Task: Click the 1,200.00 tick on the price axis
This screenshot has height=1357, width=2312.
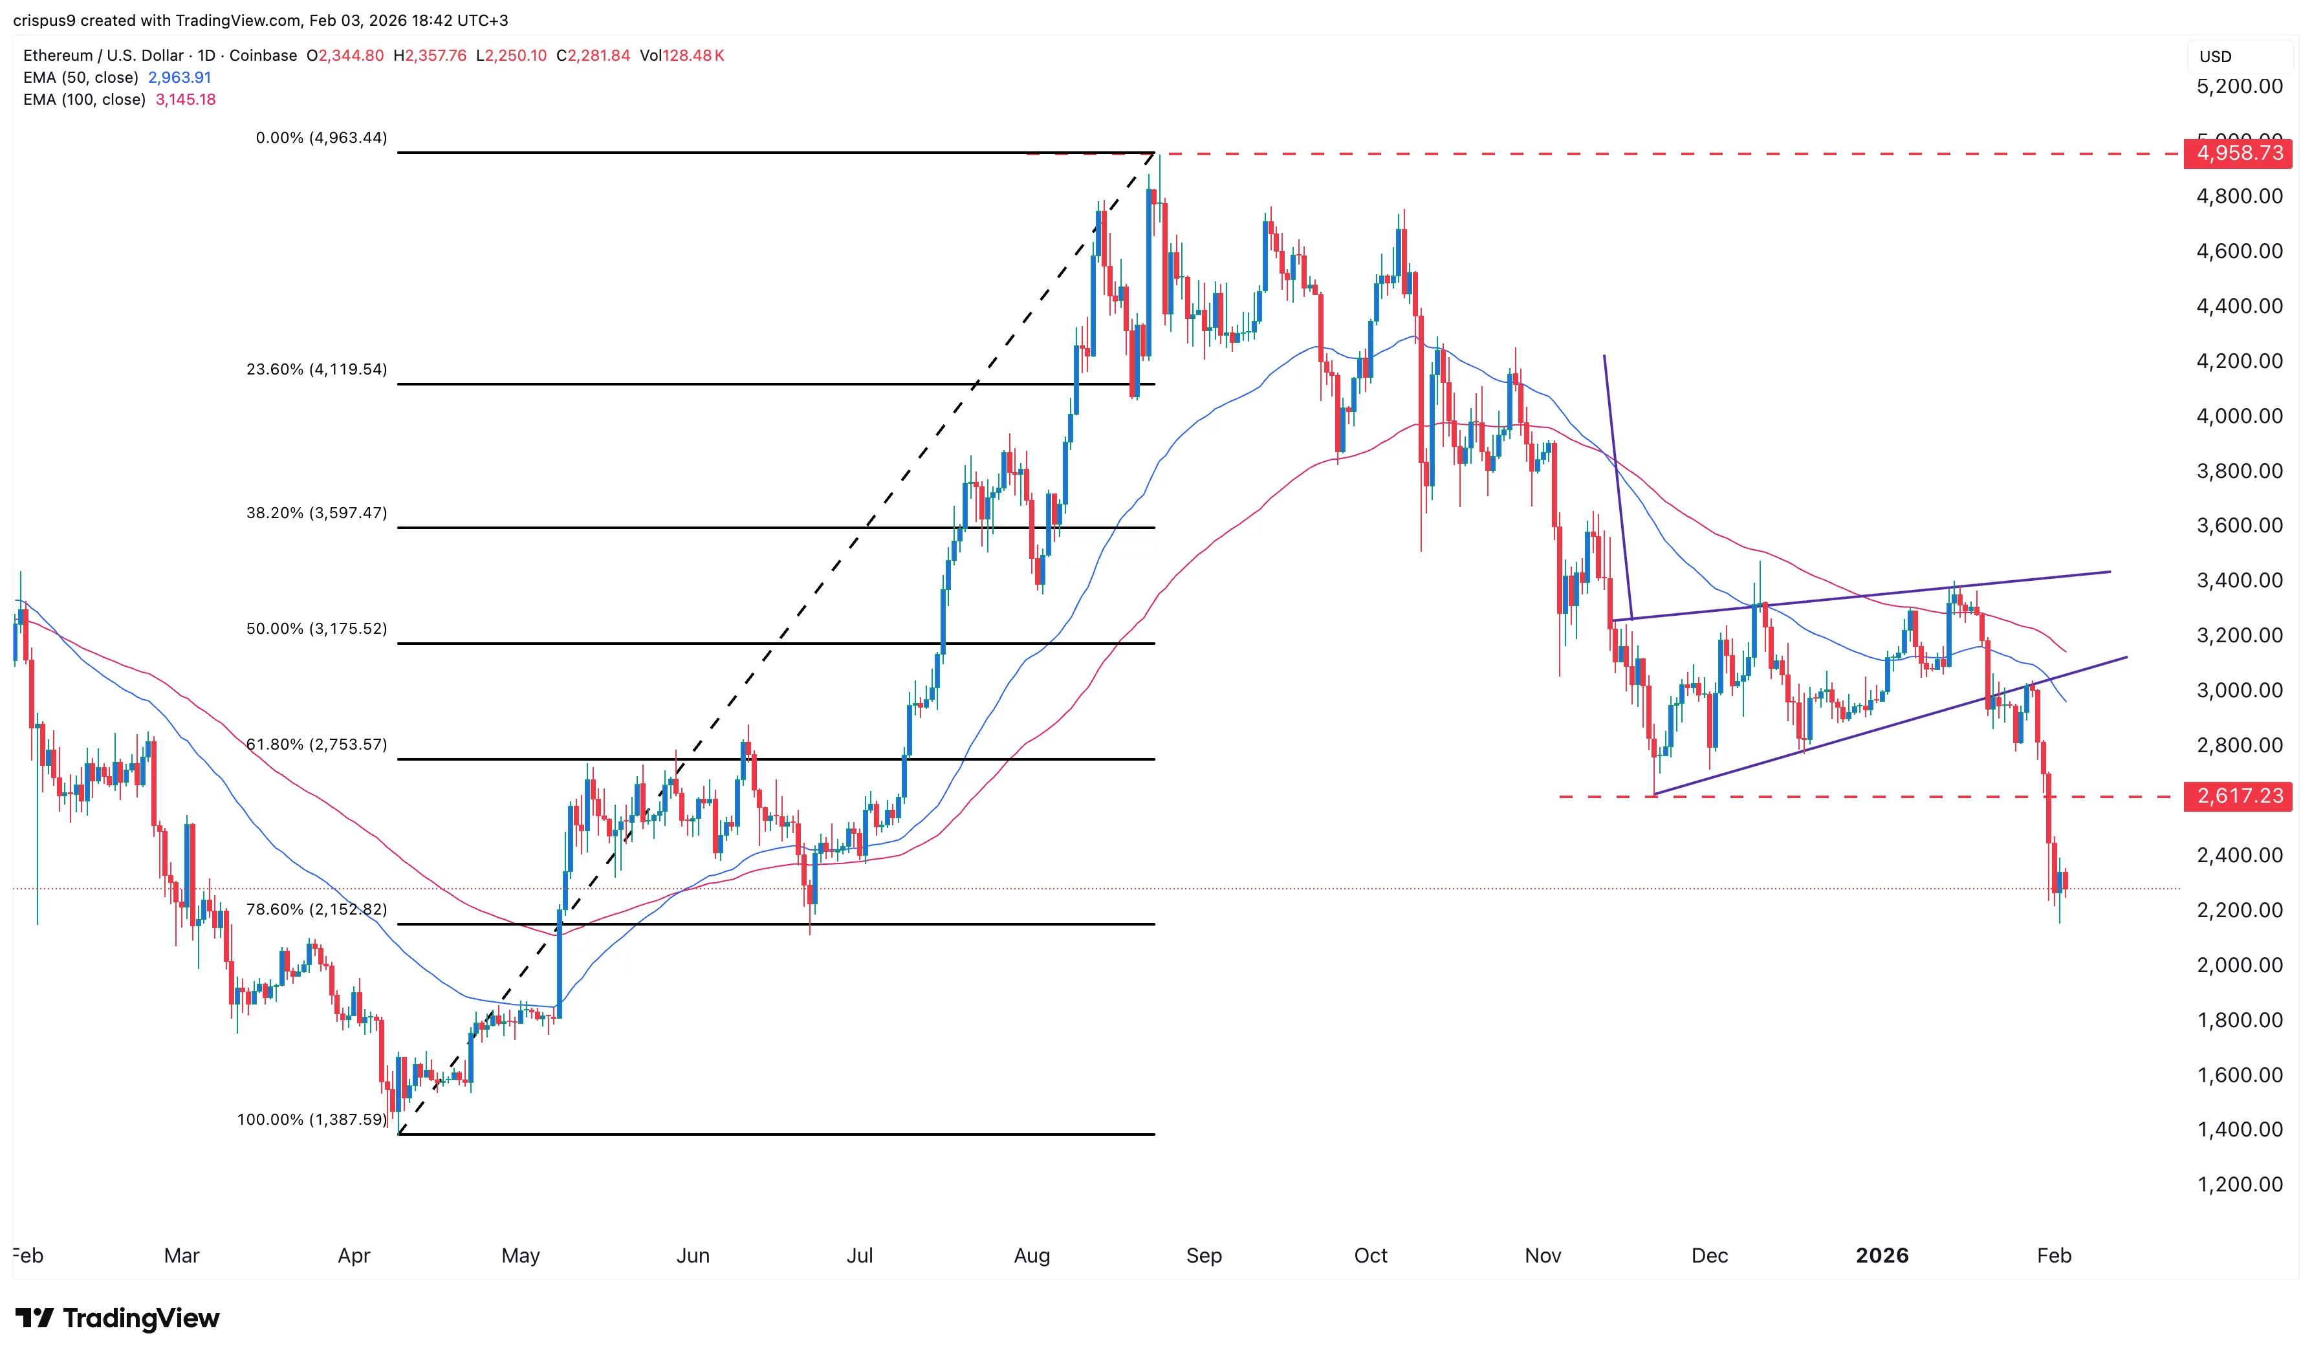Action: click(x=2239, y=1184)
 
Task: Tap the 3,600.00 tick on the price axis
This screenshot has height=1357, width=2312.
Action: click(x=2239, y=526)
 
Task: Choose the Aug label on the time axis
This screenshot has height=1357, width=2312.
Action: click(x=1031, y=1255)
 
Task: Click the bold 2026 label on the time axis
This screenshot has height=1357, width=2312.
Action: click(x=1882, y=1255)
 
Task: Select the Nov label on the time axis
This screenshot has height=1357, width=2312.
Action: click(x=1542, y=1255)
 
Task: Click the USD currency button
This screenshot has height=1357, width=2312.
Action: click(x=2215, y=57)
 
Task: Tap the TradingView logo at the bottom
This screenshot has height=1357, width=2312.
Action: click(x=118, y=1318)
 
